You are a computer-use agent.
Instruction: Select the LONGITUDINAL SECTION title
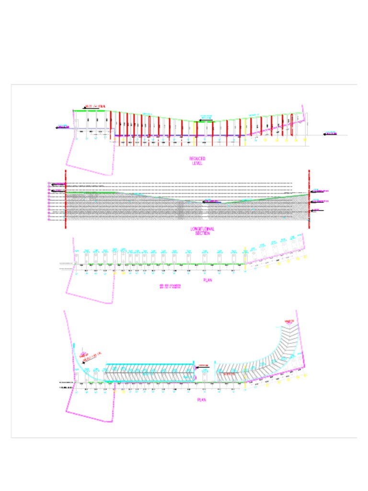[x=202, y=231]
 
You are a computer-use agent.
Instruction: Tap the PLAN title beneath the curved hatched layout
[x=202, y=399]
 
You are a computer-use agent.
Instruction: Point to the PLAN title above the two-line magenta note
[x=207, y=280]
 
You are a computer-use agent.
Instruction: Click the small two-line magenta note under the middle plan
[x=170, y=287]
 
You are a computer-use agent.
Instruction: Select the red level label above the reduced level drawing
[x=96, y=106]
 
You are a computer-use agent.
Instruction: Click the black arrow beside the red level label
[x=85, y=107]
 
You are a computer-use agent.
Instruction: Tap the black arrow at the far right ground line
[x=326, y=134]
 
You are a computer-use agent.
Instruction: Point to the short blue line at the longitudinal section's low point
[x=213, y=202]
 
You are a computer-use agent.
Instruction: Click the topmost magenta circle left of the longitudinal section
[x=49, y=184]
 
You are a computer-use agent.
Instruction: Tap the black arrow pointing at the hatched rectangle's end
[x=199, y=368]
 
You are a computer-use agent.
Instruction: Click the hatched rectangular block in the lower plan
[x=149, y=373]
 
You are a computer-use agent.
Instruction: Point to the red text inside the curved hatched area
[x=228, y=374]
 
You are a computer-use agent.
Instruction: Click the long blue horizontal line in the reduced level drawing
[x=177, y=136]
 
